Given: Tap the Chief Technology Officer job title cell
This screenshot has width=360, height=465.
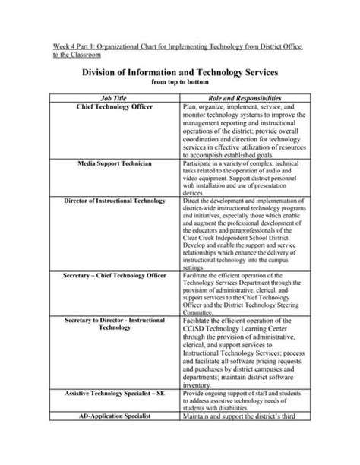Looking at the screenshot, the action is [x=115, y=108].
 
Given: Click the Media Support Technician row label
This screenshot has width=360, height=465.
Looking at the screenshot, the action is [x=115, y=163].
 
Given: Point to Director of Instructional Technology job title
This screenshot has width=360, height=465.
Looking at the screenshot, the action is [x=115, y=201].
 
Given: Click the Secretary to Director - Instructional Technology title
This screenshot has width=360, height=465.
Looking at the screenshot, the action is [x=115, y=325].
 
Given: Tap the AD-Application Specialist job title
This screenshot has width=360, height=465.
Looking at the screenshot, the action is [x=115, y=417].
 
